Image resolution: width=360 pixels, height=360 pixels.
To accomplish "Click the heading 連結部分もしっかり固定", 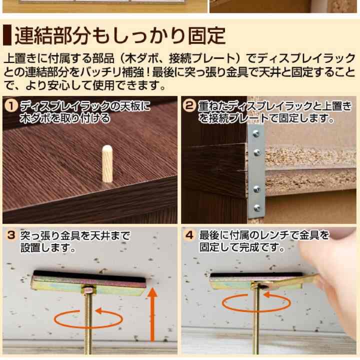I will click(x=120, y=36).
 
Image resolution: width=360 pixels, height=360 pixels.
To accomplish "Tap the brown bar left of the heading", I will click(x=6, y=36).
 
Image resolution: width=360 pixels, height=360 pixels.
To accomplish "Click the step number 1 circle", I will click(x=10, y=106).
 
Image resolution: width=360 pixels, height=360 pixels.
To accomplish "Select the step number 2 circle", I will click(x=189, y=106).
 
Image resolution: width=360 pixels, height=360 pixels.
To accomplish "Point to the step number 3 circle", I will click(x=10, y=234).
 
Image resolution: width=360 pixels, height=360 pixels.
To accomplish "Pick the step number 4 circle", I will click(x=189, y=234).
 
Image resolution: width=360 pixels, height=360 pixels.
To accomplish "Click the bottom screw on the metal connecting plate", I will click(x=257, y=208).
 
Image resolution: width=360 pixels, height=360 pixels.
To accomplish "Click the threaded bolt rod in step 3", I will click(x=88, y=325).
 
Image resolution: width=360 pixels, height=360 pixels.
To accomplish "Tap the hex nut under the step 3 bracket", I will click(x=88, y=290).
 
